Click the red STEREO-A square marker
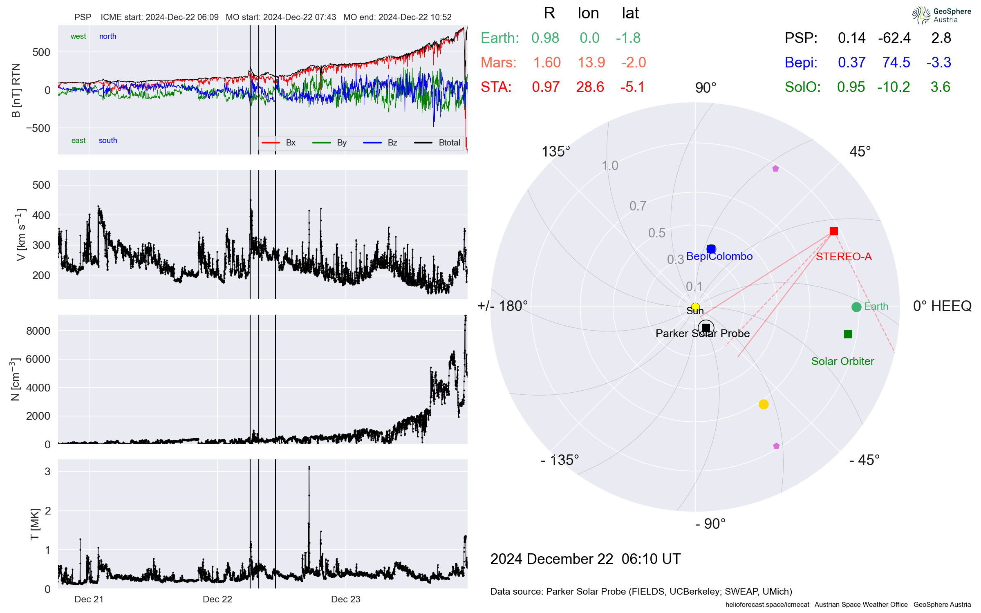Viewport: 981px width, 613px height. (833, 231)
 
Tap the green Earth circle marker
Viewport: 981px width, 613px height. (856, 307)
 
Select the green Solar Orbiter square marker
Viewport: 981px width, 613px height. (848, 334)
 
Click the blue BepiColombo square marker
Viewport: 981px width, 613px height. (711, 249)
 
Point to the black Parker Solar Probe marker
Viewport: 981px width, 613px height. (706, 328)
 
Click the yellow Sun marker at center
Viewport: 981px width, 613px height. (695, 307)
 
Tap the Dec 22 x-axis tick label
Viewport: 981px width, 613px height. (217, 599)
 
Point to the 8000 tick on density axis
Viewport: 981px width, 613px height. (38, 331)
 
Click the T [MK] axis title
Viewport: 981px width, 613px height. (35, 524)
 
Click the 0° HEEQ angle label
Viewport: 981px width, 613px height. (942, 306)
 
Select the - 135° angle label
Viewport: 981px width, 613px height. (560, 460)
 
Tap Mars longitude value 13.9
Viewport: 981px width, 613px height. (591, 63)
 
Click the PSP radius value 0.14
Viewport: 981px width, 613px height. (851, 38)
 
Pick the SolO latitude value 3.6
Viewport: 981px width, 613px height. (940, 87)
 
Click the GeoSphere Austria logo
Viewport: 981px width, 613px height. (941, 15)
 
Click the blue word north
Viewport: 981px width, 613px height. (108, 36)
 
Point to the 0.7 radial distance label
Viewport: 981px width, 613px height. (638, 206)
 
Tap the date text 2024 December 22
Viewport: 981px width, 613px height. (551, 559)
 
